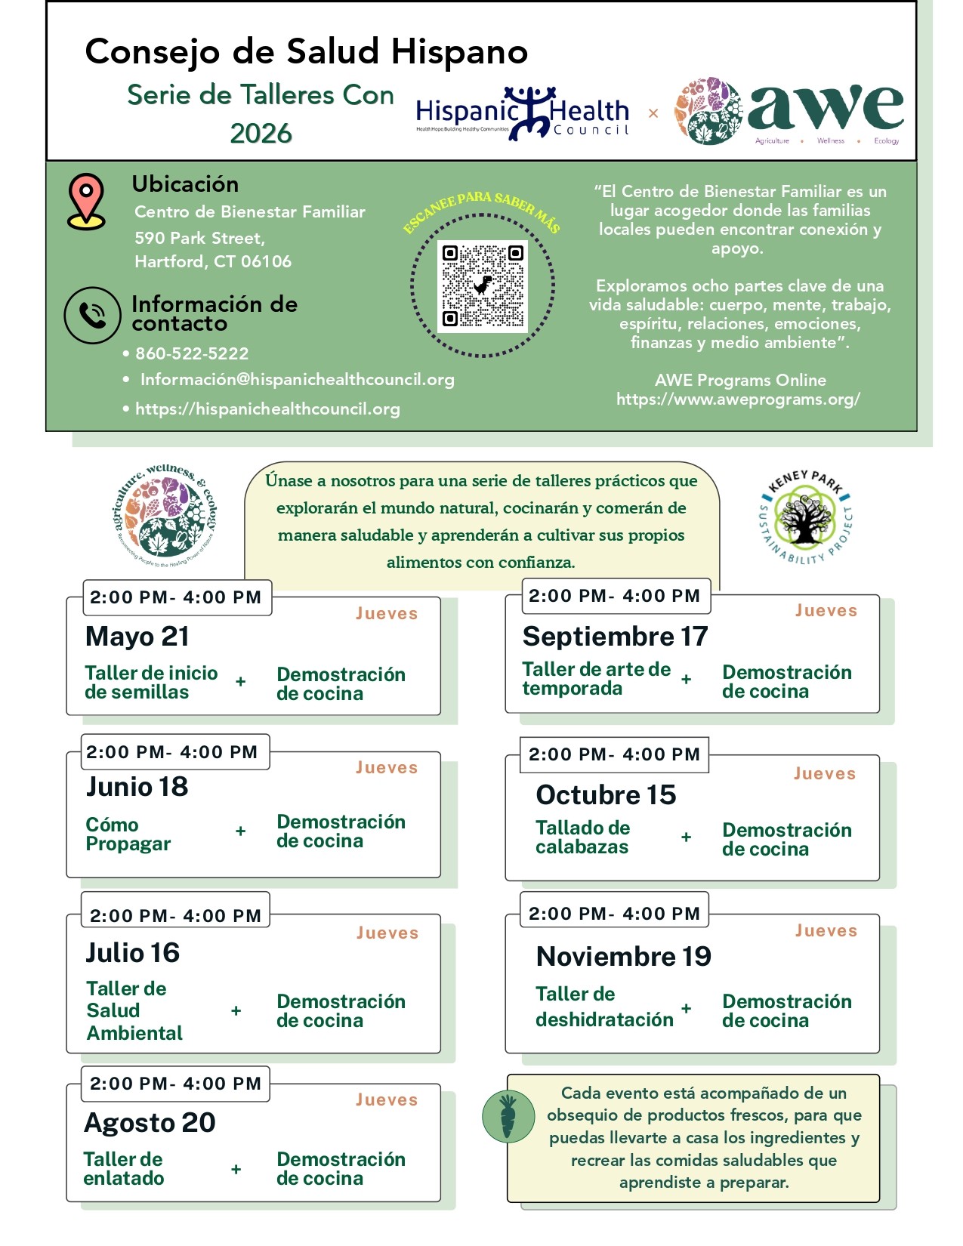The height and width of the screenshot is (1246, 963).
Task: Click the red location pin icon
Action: (x=86, y=201)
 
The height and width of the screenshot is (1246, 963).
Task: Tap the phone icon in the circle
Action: (x=92, y=315)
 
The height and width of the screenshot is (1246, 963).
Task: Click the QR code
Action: (x=483, y=286)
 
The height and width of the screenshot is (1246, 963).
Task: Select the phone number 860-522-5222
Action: (x=191, y=353)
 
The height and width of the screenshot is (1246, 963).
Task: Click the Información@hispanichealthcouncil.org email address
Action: (x=297, y=380)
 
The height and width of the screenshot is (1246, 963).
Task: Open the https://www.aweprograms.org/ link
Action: (x=738, y=399)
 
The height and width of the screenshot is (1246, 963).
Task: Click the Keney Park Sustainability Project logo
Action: (x=805, y=517)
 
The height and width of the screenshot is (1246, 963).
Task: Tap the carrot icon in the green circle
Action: (x=508, y=1117)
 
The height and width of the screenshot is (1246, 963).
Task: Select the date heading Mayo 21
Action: (x=137, y=637)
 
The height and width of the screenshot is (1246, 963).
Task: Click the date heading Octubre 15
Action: (x=606, y=795)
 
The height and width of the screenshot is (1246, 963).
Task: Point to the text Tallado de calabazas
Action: (x=582, y=837)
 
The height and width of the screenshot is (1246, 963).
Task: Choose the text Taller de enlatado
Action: (x=123, y=1168)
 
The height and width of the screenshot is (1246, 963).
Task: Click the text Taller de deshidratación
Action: (x=603, y=1007)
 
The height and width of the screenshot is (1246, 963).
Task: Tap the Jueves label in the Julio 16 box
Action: (x=387, y=933)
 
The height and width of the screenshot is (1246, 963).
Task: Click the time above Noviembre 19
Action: (x=614, y=914)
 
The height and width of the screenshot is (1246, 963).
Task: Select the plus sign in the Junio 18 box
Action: (x=240, y=831)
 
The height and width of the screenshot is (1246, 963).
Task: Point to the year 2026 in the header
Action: (x=261, y=134)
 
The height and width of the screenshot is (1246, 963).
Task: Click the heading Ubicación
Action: (x=185, y=184)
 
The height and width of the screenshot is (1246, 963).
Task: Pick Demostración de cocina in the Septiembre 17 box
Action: (x=786, y=682)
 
